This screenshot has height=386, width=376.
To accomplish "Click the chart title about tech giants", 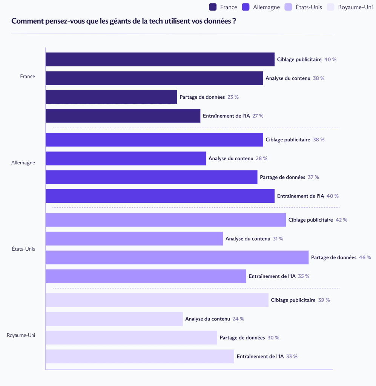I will click(124, 21).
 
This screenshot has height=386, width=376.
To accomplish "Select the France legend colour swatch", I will click(212, 7).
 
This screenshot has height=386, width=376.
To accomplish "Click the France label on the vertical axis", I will click(28, 77).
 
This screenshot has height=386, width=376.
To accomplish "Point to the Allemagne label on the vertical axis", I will click(23, 163).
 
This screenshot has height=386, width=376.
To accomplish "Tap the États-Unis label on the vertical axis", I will click(23, 249).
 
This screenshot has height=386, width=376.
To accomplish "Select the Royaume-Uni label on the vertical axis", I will click(21, 335).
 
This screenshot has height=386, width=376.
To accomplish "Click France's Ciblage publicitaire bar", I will click(160, 60).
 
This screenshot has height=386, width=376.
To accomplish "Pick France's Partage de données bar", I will click(111, 97).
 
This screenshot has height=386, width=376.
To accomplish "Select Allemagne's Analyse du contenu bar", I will click(126, 158).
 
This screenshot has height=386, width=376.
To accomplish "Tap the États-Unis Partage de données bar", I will click(177, 257).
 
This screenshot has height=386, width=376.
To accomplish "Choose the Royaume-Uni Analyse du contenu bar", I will click(114, 319).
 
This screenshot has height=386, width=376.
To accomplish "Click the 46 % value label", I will click(365, 257).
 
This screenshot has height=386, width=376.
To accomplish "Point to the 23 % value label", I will click(233, 97).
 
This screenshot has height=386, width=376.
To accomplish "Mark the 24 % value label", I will click(238, 319).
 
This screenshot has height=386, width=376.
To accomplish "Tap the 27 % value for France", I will click(258, 116).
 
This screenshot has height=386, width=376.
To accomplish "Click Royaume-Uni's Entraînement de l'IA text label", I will click(260, 356).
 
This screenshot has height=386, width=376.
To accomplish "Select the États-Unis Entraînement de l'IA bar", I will click(146, 276).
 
